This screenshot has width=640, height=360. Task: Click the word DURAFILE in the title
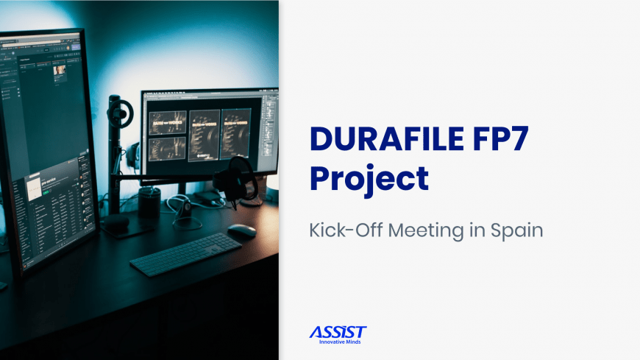click(387, 139)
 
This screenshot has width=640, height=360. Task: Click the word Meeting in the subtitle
click(426, 231)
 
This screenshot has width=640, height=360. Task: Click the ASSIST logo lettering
click(338, 332)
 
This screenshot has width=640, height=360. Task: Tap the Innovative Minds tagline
click(340, 342)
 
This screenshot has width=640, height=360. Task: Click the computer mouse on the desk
click(242, 230)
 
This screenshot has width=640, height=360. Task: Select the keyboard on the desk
click(185, 254)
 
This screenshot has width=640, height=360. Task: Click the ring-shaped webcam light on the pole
click(120, 113)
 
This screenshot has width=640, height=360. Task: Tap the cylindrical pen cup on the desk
click(149, 202)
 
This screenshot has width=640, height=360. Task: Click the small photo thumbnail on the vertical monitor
click(60, 70)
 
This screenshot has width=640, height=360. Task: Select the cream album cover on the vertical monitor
click(34, 188)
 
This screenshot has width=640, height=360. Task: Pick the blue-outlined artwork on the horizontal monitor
click(235, 133)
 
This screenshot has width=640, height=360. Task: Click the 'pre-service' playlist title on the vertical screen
click(49, 181)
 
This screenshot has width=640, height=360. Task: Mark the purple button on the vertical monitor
click(76, 47)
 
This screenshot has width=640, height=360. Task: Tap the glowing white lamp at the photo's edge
click(273, 182)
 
